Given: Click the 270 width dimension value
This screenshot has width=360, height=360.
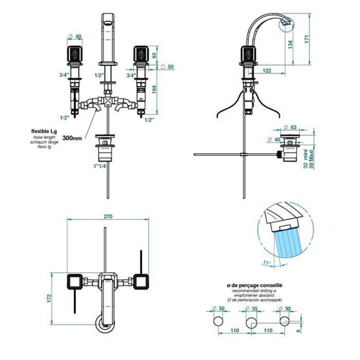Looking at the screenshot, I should tap(107, 217).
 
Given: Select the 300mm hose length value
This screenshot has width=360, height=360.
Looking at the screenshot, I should tap(72, 138).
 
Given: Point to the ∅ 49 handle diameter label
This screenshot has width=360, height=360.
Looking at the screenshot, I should tap(76, 36).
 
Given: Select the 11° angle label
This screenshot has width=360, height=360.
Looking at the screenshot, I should tap(265, 263).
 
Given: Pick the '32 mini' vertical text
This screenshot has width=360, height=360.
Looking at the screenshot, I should tap(305, 162).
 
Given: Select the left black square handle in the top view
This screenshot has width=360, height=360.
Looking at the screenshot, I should tap(75, 282).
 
